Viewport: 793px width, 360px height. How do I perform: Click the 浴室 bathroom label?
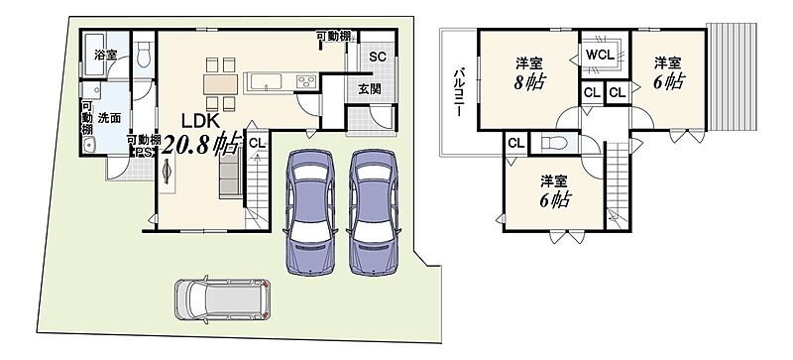[105, 56]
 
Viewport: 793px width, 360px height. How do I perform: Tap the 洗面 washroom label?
[109, 118]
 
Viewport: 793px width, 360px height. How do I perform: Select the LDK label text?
[200, 121]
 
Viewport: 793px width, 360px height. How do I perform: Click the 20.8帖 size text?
[199, 145]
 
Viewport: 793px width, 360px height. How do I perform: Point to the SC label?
[378, 57]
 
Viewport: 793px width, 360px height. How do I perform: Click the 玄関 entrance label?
[370, 89]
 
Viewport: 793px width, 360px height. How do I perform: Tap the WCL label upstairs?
[600, 54]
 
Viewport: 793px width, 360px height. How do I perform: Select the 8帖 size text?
[529, 82]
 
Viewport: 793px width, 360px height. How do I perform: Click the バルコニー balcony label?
[458, 92]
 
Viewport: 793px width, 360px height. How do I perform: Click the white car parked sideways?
[222, 300]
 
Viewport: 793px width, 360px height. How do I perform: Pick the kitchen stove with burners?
[306, 81]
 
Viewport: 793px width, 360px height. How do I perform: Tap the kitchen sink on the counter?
[267, 81]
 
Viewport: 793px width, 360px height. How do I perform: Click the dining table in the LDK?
[220, 84]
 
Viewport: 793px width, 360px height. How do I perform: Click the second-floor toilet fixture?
[553, 143]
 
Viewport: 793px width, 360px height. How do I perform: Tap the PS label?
[144, 153]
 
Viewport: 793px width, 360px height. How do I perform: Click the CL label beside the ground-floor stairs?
[257, 143]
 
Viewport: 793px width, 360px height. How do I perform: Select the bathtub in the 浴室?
[94, 55]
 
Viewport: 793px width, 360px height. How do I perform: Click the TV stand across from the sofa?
[167, 173]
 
